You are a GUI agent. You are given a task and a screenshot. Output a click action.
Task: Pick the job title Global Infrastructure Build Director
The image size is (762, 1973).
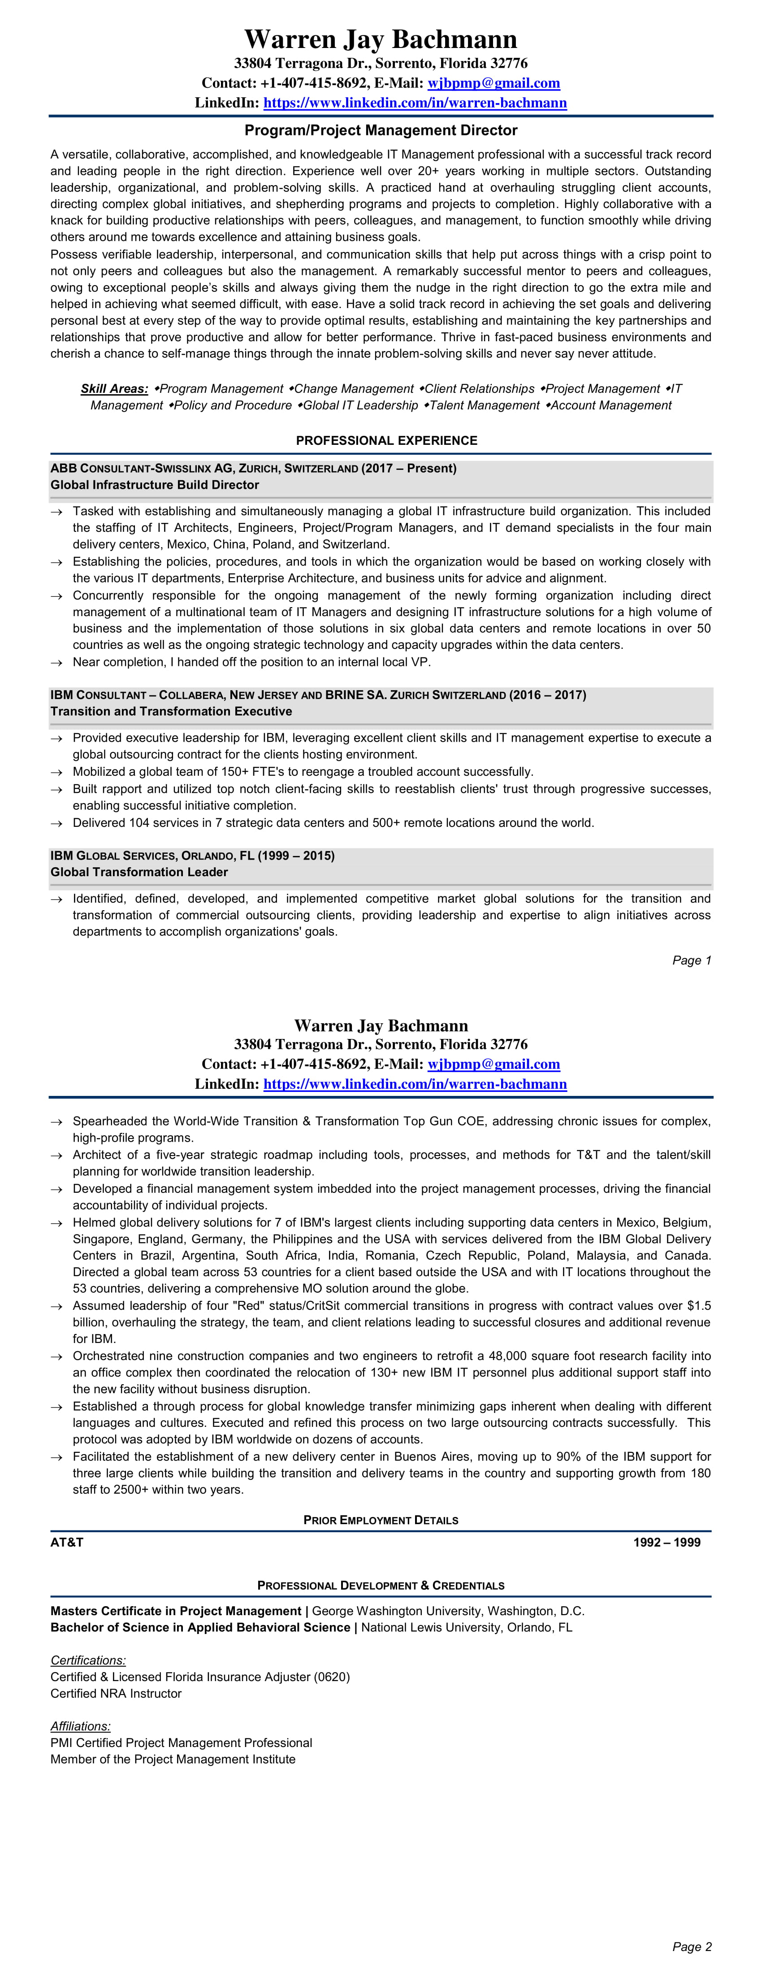(155, 485)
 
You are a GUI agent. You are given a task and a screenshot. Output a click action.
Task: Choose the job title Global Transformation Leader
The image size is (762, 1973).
(139, 872)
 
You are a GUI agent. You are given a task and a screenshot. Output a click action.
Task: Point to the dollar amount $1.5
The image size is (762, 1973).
(697, 1306)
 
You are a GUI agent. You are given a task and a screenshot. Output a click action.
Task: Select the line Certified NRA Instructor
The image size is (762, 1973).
(116, 1694)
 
